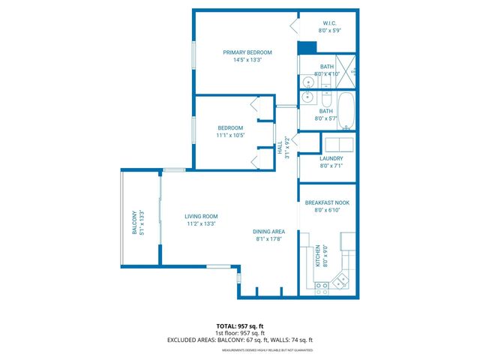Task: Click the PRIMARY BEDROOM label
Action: click(x=247, y=52)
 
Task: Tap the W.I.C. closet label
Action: click(x=330, y=23)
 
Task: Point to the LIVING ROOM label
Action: click(x=200, y=216)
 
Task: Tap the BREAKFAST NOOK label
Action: click(x=327, y=202)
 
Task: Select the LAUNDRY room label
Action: click(x=331, y=158)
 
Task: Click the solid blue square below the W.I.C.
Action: click(x=306, y=48)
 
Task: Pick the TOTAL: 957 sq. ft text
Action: click(x=239, y=326)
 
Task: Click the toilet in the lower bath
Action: click(x=327, y=98)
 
